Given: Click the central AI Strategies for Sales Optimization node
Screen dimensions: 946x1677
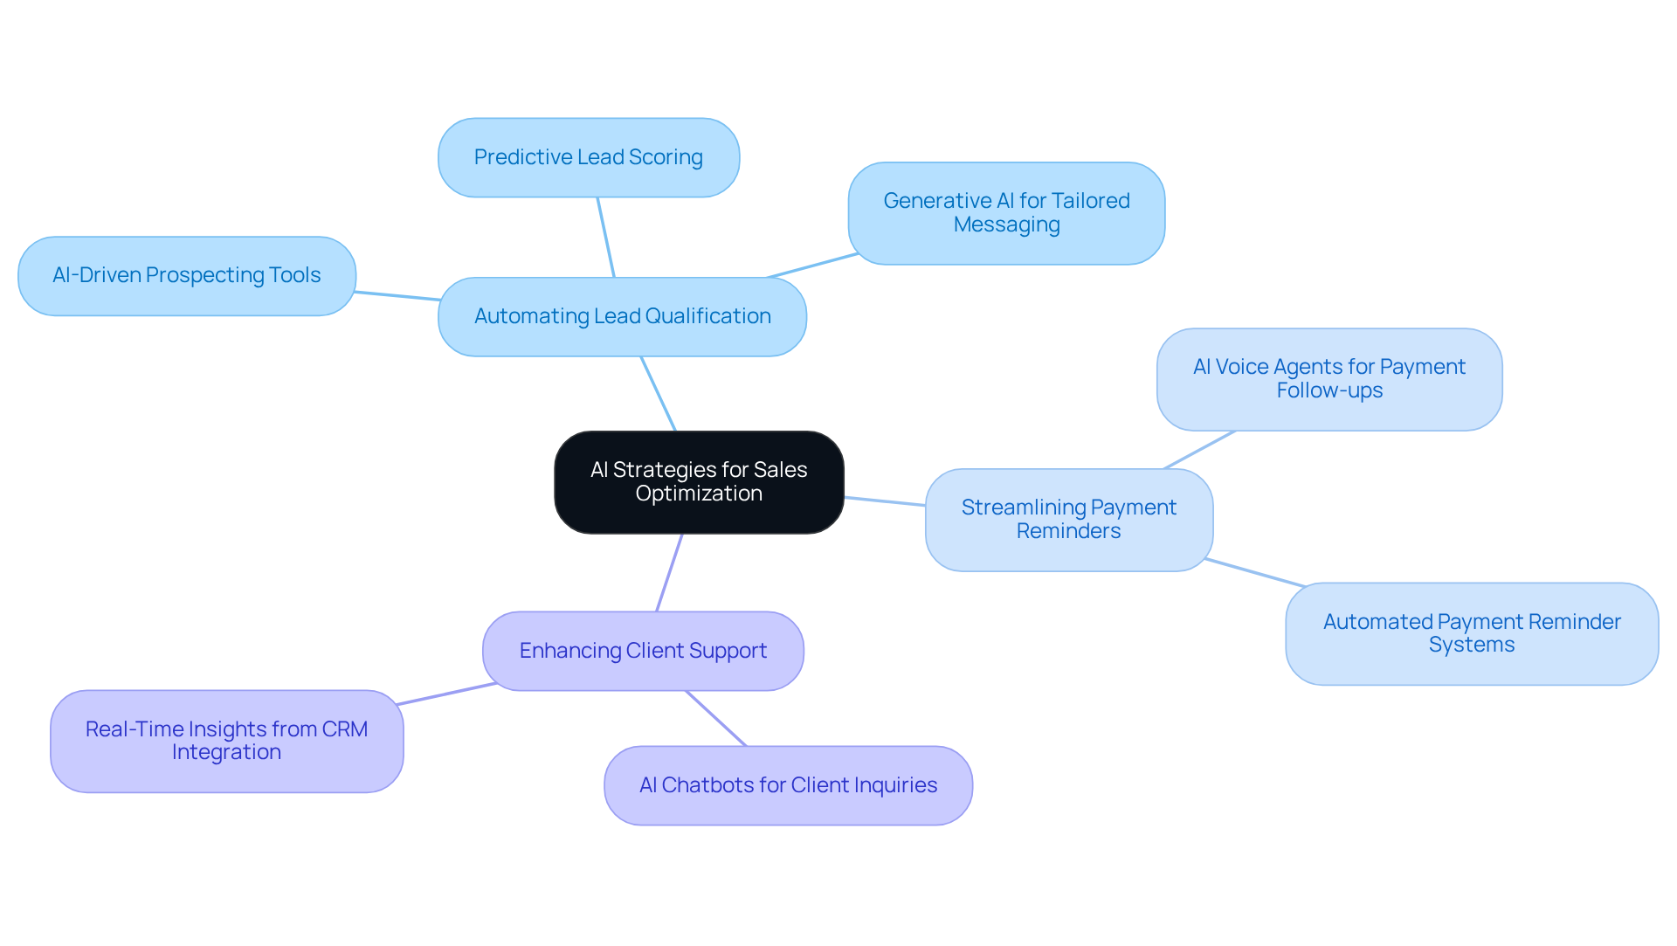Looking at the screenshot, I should click(x=699, y=482).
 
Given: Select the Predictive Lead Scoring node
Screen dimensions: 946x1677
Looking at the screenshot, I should click(x=588, y=158).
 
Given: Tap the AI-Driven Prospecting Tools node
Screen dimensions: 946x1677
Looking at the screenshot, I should click(x=186, y=276).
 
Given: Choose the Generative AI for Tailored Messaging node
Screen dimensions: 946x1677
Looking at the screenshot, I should click(x=1006, y=213).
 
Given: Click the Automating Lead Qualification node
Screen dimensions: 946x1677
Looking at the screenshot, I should click(x=622, y=317).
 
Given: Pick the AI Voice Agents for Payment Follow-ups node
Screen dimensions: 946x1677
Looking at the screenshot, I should click(x=1328, y=379).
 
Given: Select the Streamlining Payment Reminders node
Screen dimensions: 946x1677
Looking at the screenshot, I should click(x=1068, y=520).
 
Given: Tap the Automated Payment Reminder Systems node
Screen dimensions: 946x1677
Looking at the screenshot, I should click(x=1471, y=634).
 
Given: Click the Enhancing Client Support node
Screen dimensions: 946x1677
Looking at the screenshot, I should click(x=643, y=652).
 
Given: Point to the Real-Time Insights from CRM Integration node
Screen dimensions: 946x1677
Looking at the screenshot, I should click(x=226, y=742).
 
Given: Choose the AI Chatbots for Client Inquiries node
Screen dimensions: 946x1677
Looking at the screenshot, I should click(x=788, y=786).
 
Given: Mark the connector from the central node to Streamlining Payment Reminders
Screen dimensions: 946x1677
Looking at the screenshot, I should click(x=885, y=501).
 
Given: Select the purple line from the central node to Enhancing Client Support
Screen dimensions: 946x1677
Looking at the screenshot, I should click(x=669, y=573).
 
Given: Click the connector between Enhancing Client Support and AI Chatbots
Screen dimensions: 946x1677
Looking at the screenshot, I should click(x=716, y=719).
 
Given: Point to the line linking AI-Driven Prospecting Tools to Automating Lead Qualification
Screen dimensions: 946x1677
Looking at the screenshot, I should click(x=397, y=296).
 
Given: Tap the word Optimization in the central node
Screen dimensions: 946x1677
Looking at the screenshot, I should click(x=699, y=494).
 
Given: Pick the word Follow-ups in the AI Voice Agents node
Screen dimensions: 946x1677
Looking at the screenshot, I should click(x=1328, y=391).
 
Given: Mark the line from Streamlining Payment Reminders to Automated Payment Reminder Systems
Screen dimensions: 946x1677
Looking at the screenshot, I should click(x=1254, y=572).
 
